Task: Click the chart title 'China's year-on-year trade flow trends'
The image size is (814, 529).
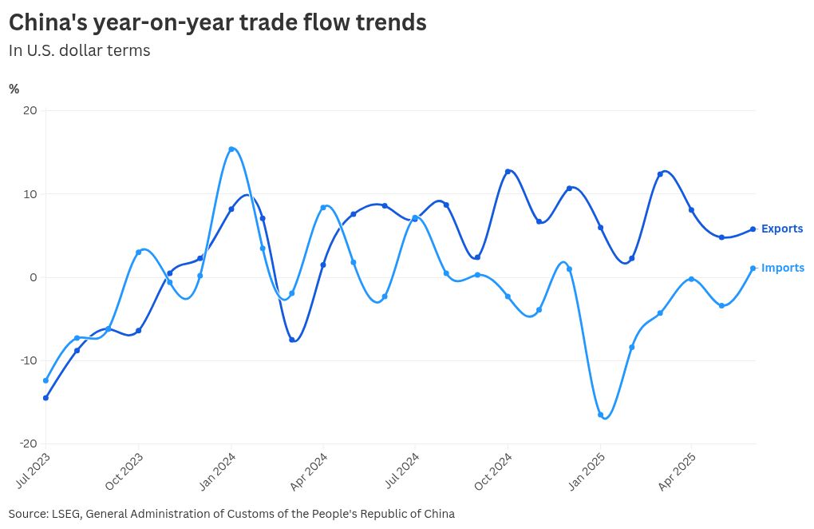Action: (x=217, y=23)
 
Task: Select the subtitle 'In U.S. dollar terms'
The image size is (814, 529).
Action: (x=79, y=50)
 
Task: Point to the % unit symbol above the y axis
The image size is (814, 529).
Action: (x=14, y=89)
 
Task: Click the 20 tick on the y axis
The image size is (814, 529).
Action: (x=30, y=110)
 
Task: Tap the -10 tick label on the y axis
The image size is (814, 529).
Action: (x=28, y=360)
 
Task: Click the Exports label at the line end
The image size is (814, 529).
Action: (x=781, y=229)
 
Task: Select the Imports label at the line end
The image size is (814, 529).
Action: (x=782, y=268)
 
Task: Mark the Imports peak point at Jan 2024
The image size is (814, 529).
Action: (x=231, y=149)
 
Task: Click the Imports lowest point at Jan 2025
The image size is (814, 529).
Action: (x=600, y=415)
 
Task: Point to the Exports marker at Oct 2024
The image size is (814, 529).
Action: (x=508, y=172)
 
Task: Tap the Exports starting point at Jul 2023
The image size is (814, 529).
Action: (x=45, y=398)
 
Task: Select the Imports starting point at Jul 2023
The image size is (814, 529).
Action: (x=45, y=380)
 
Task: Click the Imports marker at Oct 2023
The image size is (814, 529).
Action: (x=139, y=253)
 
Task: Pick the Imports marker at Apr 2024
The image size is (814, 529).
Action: (x=323, y=208)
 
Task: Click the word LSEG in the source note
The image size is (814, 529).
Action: (x=65, y=514)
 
